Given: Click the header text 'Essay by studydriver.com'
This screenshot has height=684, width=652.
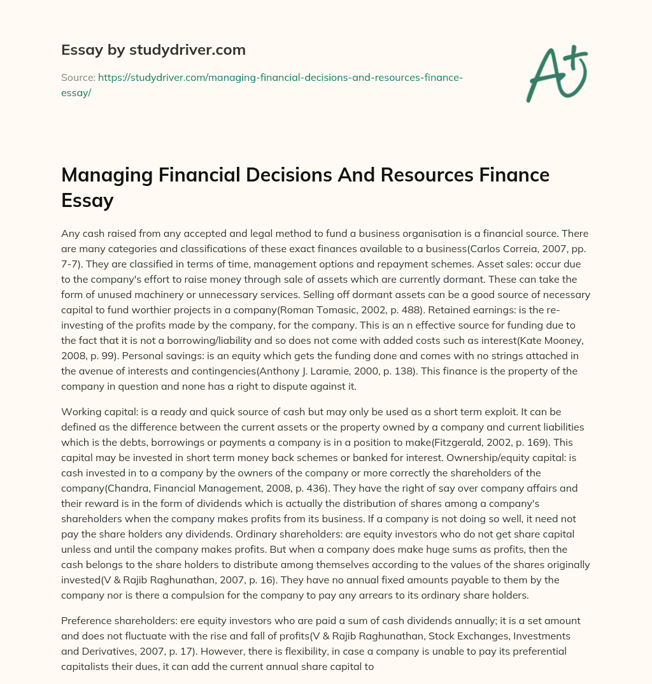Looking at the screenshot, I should tap(153, 49).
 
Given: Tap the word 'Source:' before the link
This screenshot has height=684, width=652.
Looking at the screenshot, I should tap(77, 77).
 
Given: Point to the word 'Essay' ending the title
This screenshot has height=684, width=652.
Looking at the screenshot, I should tap(87, 201).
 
